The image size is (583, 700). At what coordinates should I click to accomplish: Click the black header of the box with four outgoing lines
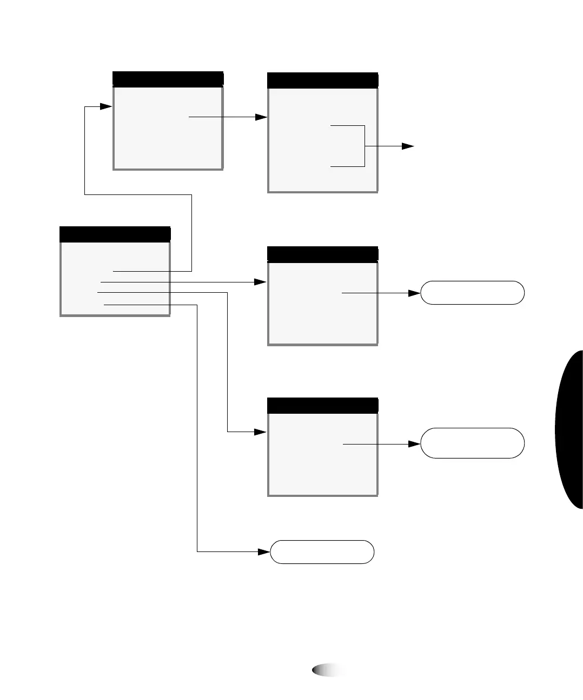tap(115, 234)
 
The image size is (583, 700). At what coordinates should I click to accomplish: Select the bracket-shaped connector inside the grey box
tap(365, 146)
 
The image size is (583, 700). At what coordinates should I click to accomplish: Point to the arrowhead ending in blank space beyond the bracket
tap(408, 146)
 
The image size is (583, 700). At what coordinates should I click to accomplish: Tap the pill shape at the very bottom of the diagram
tap(322, 551)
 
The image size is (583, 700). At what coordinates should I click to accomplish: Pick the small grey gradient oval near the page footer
tap(329, 670)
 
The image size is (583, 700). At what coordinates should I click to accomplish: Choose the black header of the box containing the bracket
tap(322, 80)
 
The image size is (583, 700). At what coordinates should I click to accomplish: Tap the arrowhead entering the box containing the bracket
tap(262, 117)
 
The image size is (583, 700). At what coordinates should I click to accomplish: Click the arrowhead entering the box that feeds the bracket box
tap(106, 106)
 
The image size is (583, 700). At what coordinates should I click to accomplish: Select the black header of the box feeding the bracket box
tap(168, 79)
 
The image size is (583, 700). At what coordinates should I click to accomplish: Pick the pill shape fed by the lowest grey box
tap(472, 443)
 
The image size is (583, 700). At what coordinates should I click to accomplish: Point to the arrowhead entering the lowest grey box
tap(261, 432)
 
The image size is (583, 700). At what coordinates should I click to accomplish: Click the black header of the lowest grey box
tap(322, 405)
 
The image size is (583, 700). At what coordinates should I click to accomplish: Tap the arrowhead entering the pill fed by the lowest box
tap(415, 444)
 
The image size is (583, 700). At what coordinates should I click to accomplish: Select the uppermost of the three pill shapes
tap(472, 293)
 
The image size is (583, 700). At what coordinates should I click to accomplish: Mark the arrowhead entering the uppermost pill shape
tap(415, 293)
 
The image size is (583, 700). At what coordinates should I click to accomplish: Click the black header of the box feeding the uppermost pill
tap(322, 254)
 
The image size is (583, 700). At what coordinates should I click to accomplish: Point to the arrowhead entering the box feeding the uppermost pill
tap(261, 282)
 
